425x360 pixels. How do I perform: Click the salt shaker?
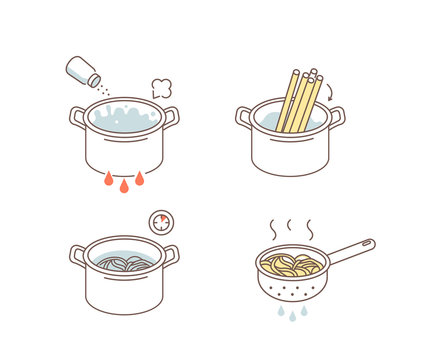pos(81,71)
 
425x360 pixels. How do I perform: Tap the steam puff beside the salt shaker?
pos(161,87)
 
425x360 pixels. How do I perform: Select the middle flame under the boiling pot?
pos(124,185)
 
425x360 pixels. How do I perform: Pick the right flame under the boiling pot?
pos(140,179)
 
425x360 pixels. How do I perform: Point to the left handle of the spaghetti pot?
pos(244,117)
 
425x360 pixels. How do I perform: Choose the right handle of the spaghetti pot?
pos(337,117)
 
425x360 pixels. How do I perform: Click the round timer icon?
pos(159,222)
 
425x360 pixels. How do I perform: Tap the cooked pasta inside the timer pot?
pos(124,264)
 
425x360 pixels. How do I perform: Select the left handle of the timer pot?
pos(78,255)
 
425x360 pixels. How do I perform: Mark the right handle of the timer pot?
pos(171,255)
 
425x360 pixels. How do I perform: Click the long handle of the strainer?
pos(349,251)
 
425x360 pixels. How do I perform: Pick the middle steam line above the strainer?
pos(290,229)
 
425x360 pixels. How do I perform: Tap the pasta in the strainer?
pos(291,265)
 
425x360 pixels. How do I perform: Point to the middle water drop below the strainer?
pos(291,316)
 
